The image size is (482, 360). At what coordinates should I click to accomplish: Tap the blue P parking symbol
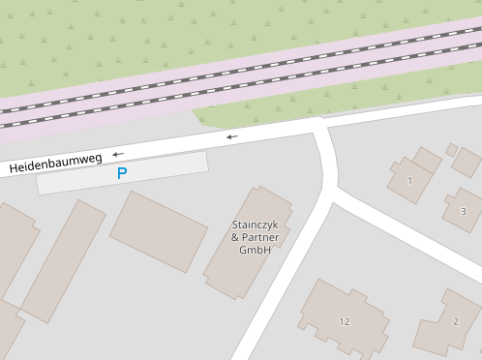pos(121,174)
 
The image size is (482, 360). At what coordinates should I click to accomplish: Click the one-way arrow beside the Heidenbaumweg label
pos(117,154)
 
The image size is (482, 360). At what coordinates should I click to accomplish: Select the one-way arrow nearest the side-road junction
pos(231,137)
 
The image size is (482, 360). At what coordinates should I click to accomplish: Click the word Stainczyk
pos(256,225)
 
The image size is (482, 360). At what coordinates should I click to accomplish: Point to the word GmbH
pos(255,251)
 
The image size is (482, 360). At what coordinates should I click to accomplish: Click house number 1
pos(409,181)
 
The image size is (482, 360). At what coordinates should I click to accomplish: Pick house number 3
pos(463,211)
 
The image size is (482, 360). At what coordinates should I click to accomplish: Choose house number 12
pos(345,320)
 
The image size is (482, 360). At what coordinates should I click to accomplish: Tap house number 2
pos(455,322)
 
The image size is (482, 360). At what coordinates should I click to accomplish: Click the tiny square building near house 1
pos(452,149)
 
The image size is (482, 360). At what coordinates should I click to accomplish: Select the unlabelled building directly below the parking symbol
pos(159,230)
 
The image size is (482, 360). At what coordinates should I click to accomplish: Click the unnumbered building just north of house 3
pos(467,162)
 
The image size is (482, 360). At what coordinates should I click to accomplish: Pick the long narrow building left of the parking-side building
pos(64,260)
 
